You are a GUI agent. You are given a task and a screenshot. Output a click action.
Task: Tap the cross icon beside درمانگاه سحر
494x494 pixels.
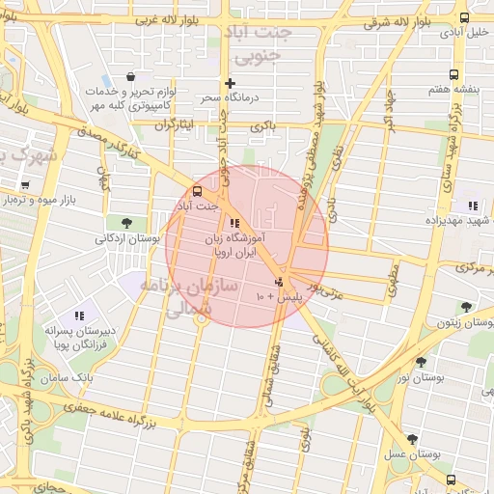coord(230,83)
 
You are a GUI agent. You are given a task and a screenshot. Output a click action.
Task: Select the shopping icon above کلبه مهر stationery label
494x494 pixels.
coord(130,76)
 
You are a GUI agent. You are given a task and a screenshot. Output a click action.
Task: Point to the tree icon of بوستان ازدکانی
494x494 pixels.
coord(127,222)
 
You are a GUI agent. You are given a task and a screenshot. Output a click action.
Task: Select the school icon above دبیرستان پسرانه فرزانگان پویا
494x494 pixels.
coord(80,315)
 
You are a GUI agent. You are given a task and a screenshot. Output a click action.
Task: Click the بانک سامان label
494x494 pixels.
coord(66,377)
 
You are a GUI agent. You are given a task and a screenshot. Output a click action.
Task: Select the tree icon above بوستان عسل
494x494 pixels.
coord(413,438)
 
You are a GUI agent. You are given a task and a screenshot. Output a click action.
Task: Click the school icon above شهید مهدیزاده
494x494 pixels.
coord(472,206)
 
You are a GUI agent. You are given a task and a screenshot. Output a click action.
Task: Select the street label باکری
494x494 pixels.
coord(262,126)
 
